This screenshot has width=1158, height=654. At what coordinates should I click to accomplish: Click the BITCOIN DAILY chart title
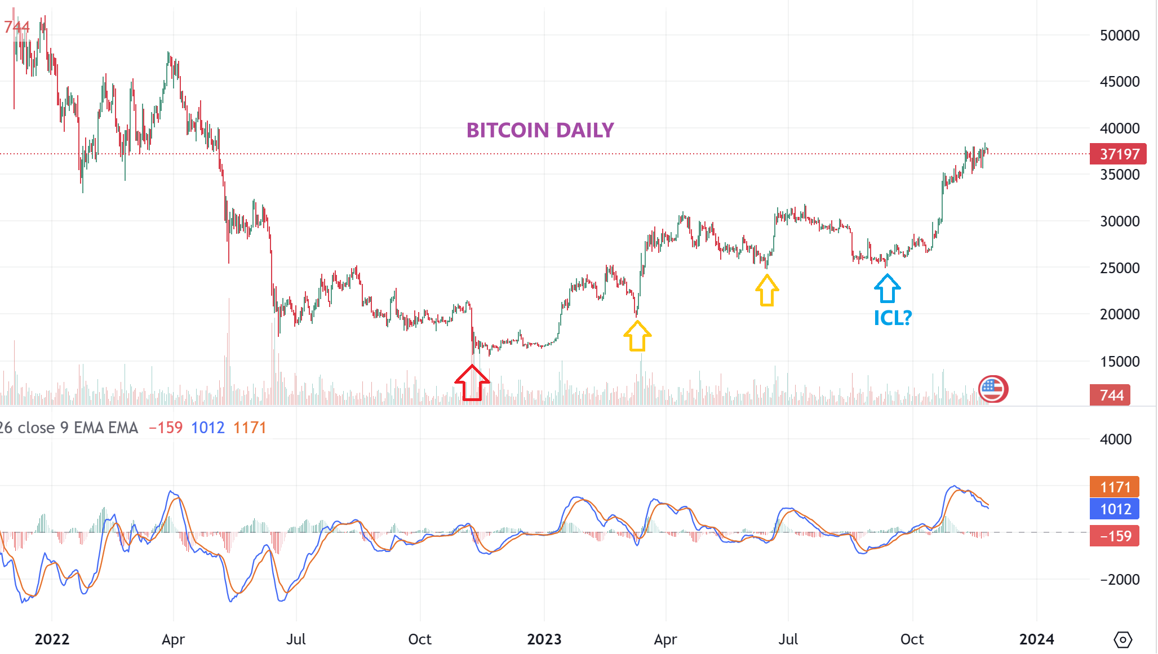coord(540,130)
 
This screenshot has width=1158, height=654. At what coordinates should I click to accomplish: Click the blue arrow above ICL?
coord(887,288)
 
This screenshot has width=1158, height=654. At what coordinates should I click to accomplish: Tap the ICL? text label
coord(893,318)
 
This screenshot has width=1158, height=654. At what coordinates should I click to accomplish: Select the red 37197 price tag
coord(1118,154)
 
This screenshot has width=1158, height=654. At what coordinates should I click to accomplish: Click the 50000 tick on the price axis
coord(1119,35)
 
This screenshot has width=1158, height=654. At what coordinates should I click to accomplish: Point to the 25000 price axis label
coord(1119,268)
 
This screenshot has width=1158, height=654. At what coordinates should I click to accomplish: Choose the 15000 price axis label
coord(1119,362)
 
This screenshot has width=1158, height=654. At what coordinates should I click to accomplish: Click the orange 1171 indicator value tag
coord(1115,487)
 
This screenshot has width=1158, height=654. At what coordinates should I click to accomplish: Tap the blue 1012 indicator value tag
coord(1115,509)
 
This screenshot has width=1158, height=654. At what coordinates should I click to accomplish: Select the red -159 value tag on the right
coord(1115,536)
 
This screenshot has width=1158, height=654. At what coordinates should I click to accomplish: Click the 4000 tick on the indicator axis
coord(1115,439)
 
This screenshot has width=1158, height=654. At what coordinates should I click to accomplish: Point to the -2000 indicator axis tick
coord(1119,580)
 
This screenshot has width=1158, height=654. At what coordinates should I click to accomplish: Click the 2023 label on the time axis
coord(544,639)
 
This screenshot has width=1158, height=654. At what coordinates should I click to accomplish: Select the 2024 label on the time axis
coord(1036,639)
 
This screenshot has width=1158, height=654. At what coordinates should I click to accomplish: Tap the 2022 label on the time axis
coord(52,639)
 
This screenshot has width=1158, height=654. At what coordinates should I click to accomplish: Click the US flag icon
coord(993,389)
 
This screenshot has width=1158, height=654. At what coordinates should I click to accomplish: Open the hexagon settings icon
coord(1122,640)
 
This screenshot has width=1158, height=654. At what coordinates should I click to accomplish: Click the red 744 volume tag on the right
coord(1110,395)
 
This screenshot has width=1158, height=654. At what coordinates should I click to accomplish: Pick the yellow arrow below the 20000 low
coord(637,336)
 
